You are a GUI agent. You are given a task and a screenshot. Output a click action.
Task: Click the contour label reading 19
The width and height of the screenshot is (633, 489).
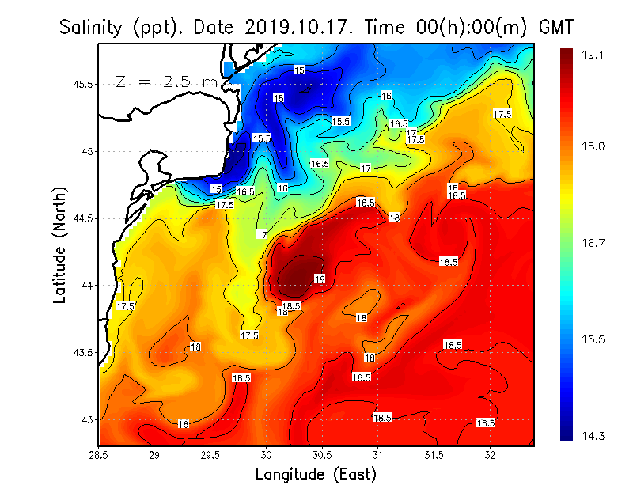pyautogui.click(x=320, y=279)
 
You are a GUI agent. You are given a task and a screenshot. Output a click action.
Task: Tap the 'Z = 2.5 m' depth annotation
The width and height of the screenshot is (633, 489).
pyautogui.click(x=166, y=81)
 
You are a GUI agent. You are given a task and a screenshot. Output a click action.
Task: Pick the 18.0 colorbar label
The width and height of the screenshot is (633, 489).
pyautogui.click(x=593, y=146)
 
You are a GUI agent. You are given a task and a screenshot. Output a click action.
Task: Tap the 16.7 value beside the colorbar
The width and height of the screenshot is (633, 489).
pyautogui.click(x=593, y=243)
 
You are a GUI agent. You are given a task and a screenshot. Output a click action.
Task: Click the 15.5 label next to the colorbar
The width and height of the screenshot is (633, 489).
pyautogui.click(x=593, y=339)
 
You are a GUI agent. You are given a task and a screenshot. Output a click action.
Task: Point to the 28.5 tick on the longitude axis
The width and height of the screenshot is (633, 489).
pyautogui.click(x=99, y=454)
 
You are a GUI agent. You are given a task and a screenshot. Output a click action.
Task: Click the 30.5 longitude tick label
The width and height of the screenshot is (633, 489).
pyautogui.click(x=322, y=454)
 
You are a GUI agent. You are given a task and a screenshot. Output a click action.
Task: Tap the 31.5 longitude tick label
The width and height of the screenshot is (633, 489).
pyautogui.click(x=434, y=454)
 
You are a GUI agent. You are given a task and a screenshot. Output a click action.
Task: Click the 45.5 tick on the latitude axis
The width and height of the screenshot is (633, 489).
pyautogui.click(x=82, y=84)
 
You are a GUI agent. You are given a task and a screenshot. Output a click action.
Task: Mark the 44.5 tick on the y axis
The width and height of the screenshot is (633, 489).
pyautogui.click(x=82, y=218)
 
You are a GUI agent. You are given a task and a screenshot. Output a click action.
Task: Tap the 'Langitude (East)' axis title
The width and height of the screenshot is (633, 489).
pyautogui.click(x=316, y=474)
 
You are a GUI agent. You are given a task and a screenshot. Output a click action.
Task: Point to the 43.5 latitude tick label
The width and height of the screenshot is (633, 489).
pyautogui.click(x=82, y=352)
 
